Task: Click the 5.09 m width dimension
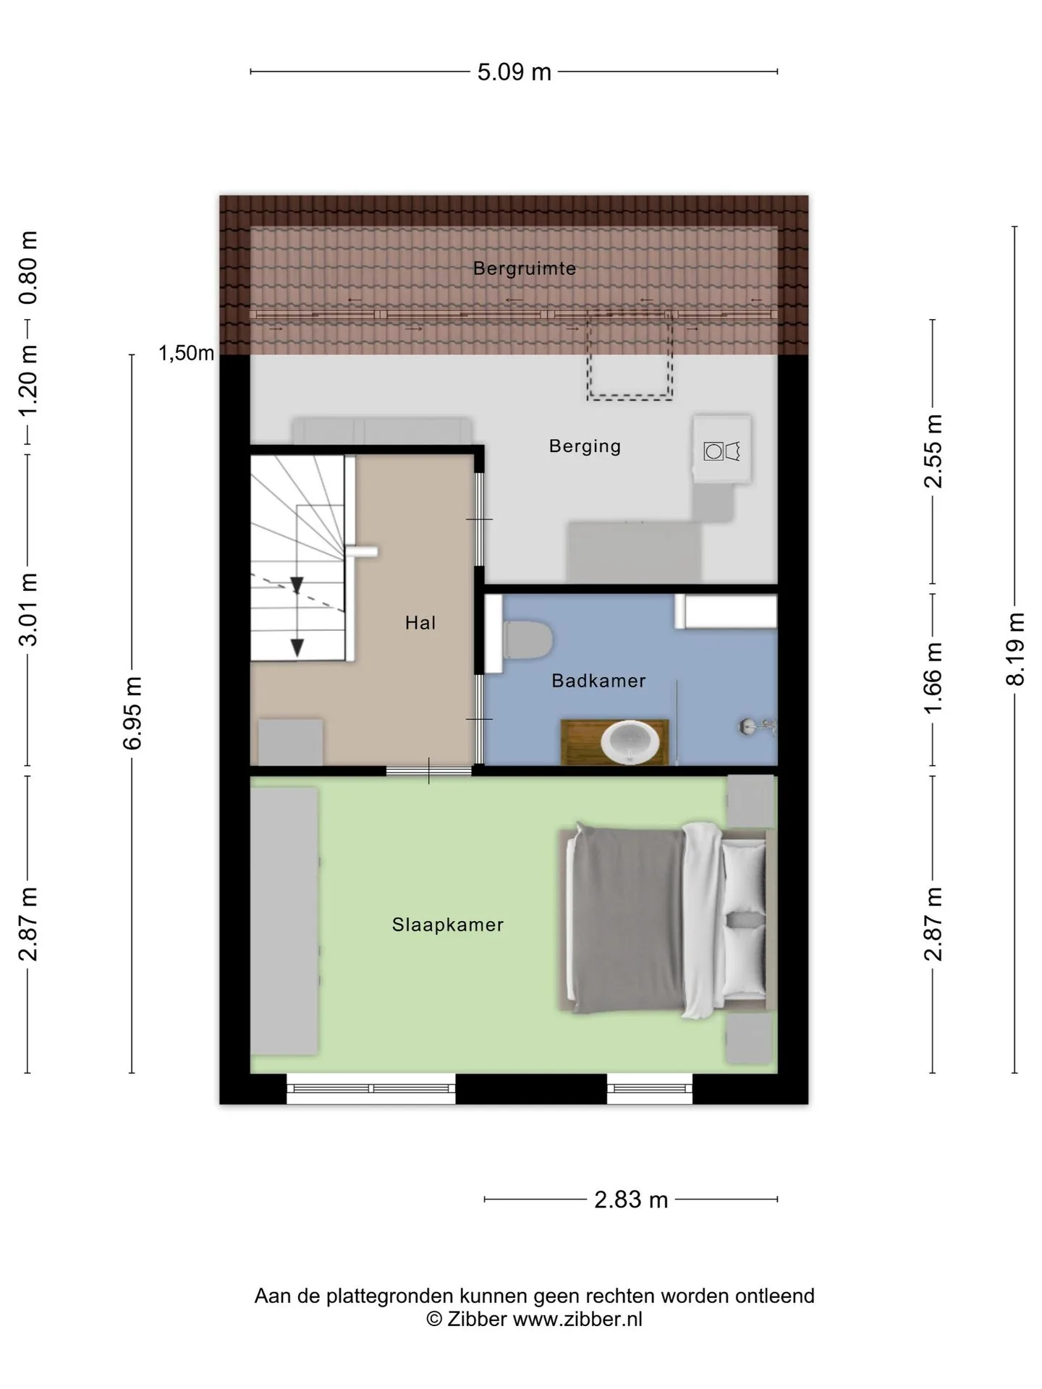(514, 72)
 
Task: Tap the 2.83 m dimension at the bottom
(630, 1200)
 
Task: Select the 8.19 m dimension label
(1016, 649)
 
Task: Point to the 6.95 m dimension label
(132, 713)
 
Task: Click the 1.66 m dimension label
(933, 679)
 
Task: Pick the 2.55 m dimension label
(933, 451)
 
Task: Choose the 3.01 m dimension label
(28, 609)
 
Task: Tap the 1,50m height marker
(187, 353)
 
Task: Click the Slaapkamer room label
(448, 925)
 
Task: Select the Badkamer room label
(598, 681)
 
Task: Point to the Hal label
(420, 623)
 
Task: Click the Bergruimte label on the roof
(525, 268)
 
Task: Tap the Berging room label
(585, 446)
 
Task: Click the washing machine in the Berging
(722, 449)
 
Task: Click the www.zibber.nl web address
(577, 1319)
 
